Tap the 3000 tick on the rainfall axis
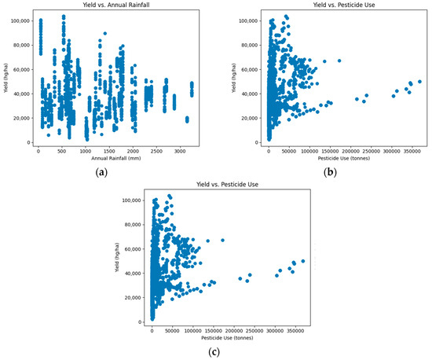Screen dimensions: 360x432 [x=180, y=152]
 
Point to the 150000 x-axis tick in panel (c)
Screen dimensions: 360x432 [x=214, y=332]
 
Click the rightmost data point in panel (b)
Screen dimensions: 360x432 [x=420, y=82]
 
